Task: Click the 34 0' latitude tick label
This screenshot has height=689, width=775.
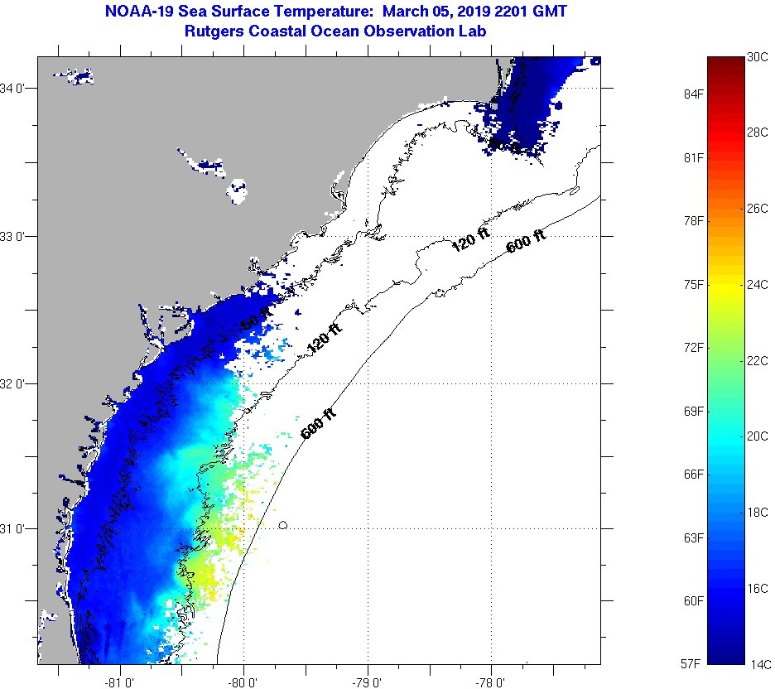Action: point(17,88)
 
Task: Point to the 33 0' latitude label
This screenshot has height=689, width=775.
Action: point(17,236)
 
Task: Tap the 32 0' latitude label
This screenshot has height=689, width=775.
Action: point(17,383)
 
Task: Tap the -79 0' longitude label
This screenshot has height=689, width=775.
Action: point(367,682)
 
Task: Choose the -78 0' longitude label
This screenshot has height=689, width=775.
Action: point(491,682)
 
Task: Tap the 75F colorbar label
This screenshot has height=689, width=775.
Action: point(692,285)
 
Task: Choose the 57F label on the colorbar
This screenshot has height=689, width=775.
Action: point(692,664)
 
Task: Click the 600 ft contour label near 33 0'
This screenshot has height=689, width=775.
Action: point(526,241)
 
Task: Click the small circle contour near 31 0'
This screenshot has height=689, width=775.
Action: point(283,525)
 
